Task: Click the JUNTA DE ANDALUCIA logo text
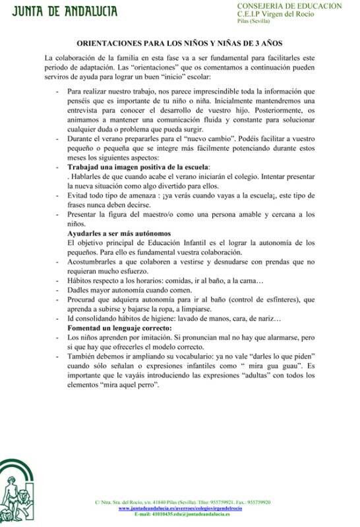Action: tap(59, 11)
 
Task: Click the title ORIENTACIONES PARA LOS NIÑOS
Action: tap(179, 41)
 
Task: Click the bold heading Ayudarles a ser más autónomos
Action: tap(119, 233)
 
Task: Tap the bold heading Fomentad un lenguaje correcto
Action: tap(120, 328)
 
